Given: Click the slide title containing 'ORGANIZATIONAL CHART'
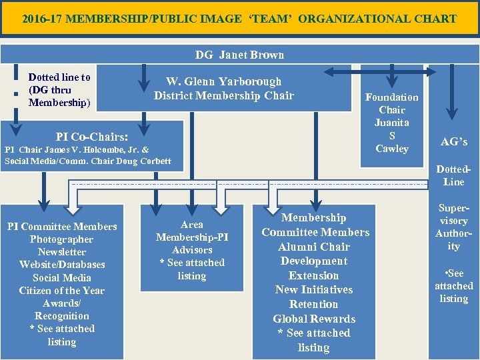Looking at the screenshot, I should tap(239, 19).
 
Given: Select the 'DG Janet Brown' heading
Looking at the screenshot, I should tap(239, 55).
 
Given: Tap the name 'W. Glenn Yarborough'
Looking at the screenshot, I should tap(224, 81).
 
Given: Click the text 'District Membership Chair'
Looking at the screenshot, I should tap(224, 95).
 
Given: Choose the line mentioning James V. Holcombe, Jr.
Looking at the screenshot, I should tap(77, 150).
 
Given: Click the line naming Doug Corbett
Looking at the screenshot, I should tap(87, 161).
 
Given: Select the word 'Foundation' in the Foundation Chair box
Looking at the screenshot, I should tap(392, 97).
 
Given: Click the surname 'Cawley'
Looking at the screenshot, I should tap(392, 148).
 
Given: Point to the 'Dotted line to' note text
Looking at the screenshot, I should tap(59, 77).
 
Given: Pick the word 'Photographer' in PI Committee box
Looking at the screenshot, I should tap(62, 239).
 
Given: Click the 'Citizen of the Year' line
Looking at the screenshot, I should tap(62, 291).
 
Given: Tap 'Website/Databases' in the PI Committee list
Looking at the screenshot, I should tap(62, 265).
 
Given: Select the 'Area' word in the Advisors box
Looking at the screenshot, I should tap(192, 225).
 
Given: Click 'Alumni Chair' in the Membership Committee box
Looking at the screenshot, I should tap(314, 247).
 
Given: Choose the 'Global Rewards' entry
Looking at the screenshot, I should tap(314, 319).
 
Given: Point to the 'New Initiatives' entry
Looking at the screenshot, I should tap(314, 289).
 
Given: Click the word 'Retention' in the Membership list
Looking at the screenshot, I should tap(314, 304).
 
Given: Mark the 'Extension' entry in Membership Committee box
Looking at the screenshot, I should tap(314, 275).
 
